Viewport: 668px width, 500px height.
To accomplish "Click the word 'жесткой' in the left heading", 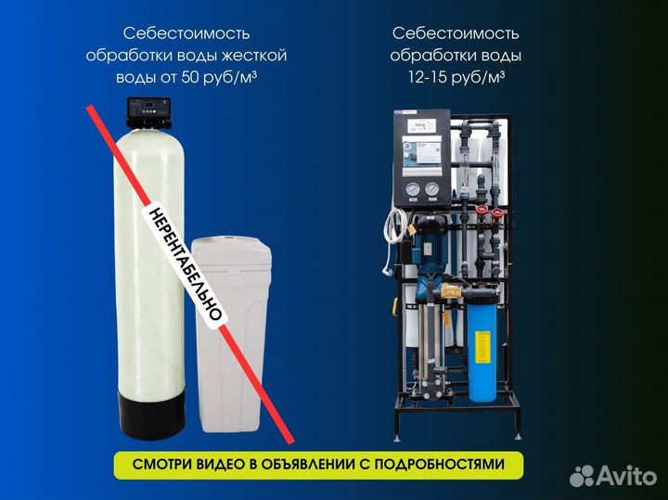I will point(255,56).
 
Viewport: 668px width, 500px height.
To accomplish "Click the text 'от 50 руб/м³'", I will point(208,78).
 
